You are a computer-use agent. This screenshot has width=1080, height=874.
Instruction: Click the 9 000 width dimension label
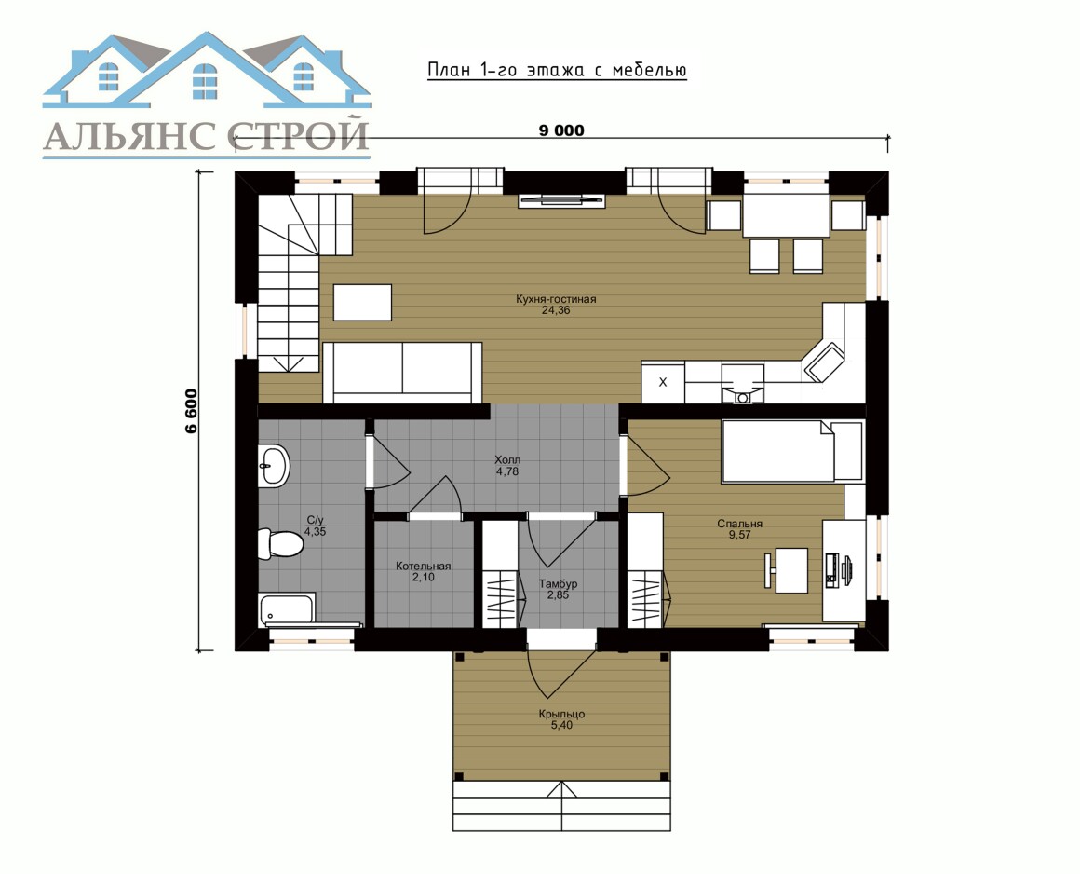pos(561,130)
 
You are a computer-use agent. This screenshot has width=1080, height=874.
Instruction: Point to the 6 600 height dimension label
pos(191,412)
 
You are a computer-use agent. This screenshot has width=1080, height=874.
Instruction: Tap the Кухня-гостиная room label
pos(556,299)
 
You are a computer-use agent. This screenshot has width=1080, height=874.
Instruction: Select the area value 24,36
pos(556,310)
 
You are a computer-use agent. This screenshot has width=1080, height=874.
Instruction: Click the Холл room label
pos(507,459)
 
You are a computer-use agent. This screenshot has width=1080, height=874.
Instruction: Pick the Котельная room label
pos(423,566)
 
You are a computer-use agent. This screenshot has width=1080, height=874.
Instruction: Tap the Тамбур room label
pos(558,584)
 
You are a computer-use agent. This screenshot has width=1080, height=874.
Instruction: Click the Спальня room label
pos(740,524)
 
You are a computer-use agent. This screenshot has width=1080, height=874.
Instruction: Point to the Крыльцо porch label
pos(562,714)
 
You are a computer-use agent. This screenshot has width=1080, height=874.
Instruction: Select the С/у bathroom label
pos(316,521)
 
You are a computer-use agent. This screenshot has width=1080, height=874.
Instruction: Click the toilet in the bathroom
pos(280,543)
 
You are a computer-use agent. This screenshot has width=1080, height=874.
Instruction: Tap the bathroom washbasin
pos(274,466)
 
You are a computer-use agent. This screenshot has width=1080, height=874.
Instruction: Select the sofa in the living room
pos(402,372)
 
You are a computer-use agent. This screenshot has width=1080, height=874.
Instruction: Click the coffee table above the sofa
pos(362,303)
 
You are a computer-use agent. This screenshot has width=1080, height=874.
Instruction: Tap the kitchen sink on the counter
pos(743,384)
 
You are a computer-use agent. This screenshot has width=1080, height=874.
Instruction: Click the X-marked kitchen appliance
pos(663,382)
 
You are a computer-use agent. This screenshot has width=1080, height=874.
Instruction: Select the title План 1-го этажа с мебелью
pos(557,70)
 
